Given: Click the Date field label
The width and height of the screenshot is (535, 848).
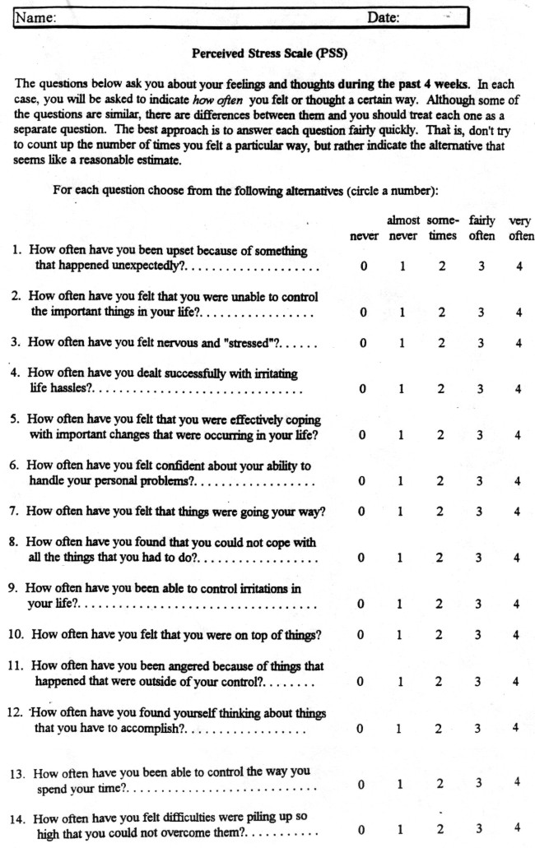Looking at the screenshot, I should click(383, 16).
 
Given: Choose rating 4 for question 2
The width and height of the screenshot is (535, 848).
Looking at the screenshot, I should click(519, 313).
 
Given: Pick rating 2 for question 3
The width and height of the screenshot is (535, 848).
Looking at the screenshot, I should click(441, 343).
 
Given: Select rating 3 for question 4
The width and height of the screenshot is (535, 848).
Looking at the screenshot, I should click(480, 389).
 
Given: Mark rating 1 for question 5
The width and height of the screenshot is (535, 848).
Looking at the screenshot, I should click(402, 434).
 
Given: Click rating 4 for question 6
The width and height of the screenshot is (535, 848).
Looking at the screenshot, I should click(519, 481).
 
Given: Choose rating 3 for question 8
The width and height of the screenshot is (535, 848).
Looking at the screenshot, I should click(480, 558).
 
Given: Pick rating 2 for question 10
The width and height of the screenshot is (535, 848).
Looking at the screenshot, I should click(441, 634).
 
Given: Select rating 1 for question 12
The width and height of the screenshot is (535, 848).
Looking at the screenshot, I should click(402, 729).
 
